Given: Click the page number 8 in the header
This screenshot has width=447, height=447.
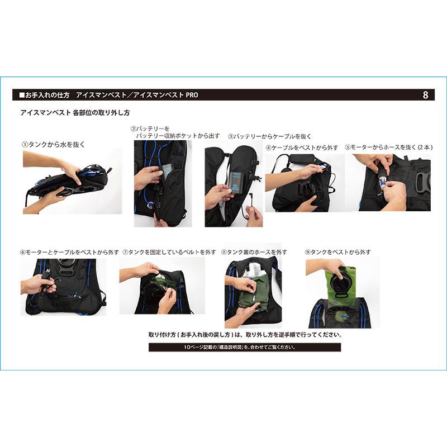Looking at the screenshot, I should (x=426, y=95).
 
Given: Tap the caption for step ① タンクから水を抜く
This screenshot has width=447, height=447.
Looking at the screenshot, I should (x=53, y=144).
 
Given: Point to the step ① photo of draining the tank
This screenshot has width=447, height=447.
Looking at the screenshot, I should (x=72, y=181).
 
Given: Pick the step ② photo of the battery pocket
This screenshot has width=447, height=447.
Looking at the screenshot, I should (x=163, y=183).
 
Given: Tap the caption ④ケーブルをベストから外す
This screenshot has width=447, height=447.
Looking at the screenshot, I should (x=302, y=148).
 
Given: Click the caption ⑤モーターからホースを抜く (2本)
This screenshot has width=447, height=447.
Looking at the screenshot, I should (x=387, y=148).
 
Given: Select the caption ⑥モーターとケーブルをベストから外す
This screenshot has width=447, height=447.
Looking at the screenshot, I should (x=69, y=253).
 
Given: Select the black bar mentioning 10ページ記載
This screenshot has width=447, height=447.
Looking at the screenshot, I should (x=244, y=348).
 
